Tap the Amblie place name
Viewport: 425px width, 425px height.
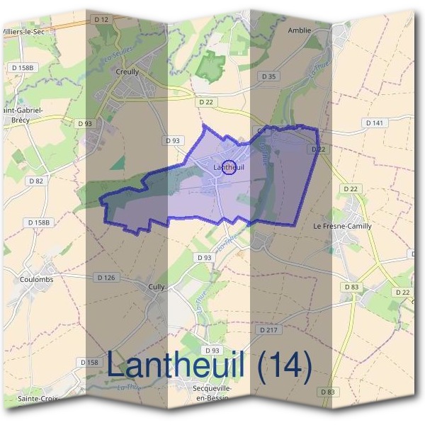(300, 30)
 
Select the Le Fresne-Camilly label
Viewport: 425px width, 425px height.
(342, 226)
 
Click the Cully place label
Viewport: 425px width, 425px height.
(157, 287)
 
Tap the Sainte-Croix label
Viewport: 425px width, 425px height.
(36, 399)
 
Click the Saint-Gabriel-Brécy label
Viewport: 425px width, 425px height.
(23, 115)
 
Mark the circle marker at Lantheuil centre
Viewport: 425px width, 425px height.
(229, 168)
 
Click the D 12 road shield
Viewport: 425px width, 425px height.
(101, 20)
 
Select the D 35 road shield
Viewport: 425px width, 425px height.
(268, 76)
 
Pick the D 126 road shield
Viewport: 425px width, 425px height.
(105, 277)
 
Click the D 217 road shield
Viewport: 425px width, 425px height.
(268, 330)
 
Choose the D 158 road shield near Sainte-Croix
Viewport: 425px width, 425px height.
(90, 362)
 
